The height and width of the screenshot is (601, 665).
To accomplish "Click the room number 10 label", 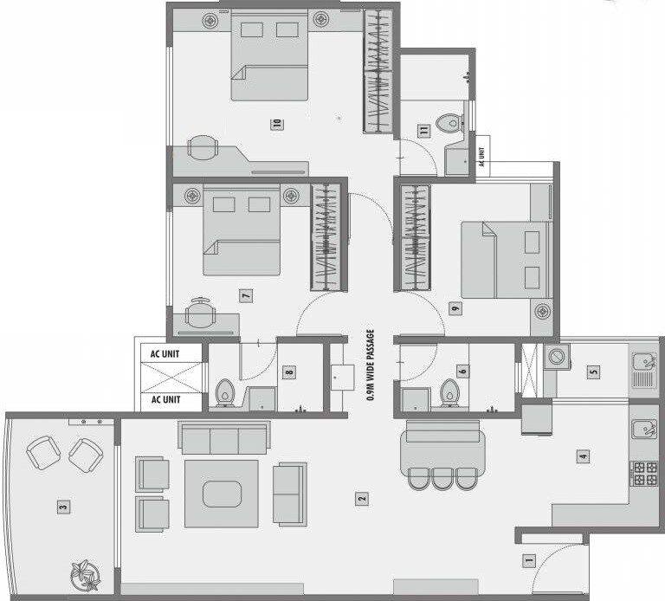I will coord(277,124).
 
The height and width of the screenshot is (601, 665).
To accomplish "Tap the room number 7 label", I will coord(246,296).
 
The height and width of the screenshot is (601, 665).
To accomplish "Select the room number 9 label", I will coord(455,308).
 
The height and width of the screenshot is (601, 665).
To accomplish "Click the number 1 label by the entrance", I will coord(529,560).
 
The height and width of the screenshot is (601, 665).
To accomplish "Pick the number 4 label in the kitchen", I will coord(584,456).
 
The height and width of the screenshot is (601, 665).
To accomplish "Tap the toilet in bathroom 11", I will coord(449,123).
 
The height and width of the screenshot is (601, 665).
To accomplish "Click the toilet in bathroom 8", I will coord(225,391).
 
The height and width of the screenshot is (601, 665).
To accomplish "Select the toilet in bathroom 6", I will coord(449,391).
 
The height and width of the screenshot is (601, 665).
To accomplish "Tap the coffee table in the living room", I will coord(221,494).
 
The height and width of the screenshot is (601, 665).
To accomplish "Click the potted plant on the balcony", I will coord(86,573).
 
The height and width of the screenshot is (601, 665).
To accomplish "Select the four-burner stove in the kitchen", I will coord(644,473).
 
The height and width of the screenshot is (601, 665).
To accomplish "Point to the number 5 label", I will coord(593,372).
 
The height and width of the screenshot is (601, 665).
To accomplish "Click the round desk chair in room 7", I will coord(201,313).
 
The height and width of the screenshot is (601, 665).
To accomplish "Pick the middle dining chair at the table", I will coord(442,478).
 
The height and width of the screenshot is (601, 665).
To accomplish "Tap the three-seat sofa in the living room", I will coord(224,438).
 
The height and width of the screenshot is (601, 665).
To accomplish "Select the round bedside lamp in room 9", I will coord(543,310).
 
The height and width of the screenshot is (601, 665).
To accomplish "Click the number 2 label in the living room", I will coord(361,498).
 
